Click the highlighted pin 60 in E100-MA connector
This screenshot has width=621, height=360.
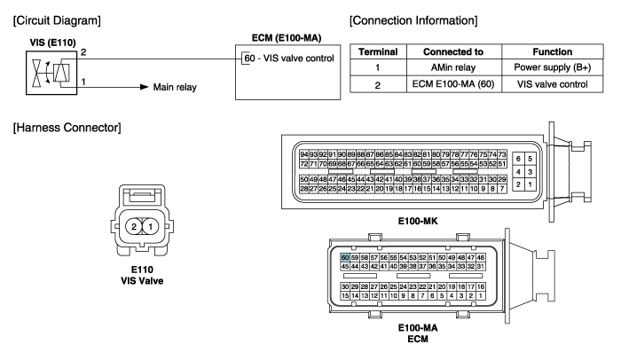click(x=345, y=257)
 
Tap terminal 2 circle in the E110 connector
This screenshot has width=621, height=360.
click(x=133, y=227)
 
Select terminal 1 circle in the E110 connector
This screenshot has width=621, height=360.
click(x=150, y=227)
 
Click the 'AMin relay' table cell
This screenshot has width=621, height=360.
click(x=454, y=67)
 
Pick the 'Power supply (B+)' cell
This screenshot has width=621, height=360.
click(x=553, y=67)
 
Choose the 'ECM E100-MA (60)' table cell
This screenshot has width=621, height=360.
click(x=454, y=84)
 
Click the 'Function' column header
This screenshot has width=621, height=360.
click(x=553, y=52)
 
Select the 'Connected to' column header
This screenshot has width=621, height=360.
click(x=454, y=52)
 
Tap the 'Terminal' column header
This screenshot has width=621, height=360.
click(x=378, y=52)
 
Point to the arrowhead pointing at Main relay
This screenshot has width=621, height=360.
click(x=145, y=87)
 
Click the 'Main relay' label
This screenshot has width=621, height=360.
click(x=175, y=87)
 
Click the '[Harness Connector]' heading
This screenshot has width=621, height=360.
click(x=67, y=128)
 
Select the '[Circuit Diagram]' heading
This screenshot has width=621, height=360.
click(x=57, y=20)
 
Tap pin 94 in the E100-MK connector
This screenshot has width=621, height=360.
click(x=304, y=154)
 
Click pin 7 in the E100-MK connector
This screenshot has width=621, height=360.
click(x=502, y=189)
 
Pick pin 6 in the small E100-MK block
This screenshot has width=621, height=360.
click(x=518, y=159)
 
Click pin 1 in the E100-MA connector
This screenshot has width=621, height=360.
click(x=481, y=295)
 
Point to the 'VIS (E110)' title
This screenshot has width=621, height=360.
click(x=52, y=43)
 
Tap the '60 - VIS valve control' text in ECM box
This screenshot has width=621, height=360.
click(x=289, y=59)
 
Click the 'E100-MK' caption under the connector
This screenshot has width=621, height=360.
click(x=418, y=221)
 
